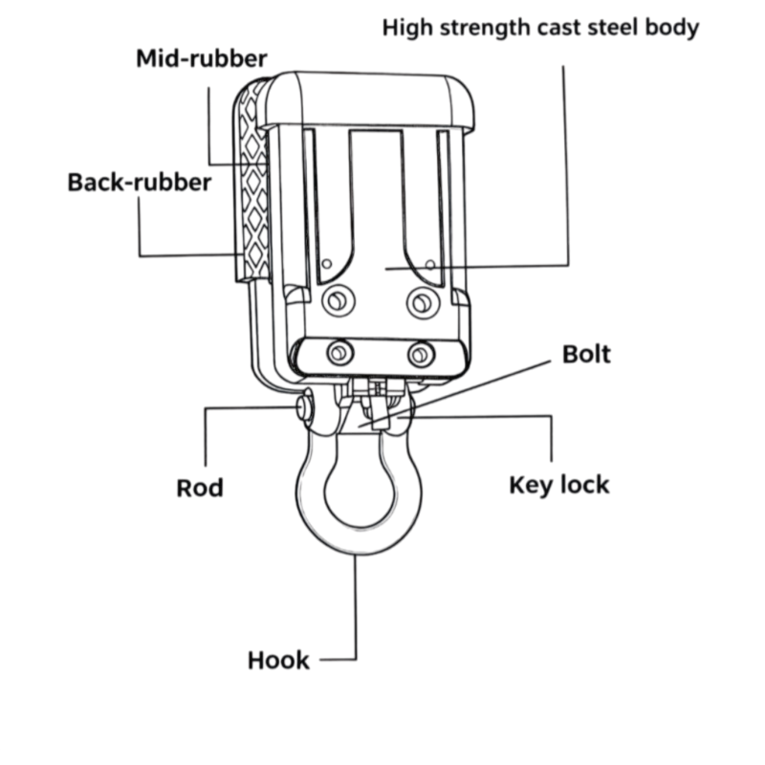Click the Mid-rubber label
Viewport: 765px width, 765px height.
pos(200,58)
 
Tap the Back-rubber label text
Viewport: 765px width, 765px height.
pos(140,182)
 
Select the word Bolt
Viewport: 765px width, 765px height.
pos(586,354)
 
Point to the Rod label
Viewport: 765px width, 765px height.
pos(200,488)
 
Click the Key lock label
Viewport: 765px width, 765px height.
pos(558,485)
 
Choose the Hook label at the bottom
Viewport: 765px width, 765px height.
pos(278,660)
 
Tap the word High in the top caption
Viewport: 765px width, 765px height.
pos(408,27)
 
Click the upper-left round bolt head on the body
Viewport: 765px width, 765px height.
pos(335,302)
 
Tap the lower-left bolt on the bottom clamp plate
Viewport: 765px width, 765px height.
pos(338,354)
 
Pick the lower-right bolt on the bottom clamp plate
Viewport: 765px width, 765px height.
pos(419,355)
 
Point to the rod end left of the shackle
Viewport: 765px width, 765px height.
pos(303,408)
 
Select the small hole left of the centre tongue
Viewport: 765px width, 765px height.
pos(327,262)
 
